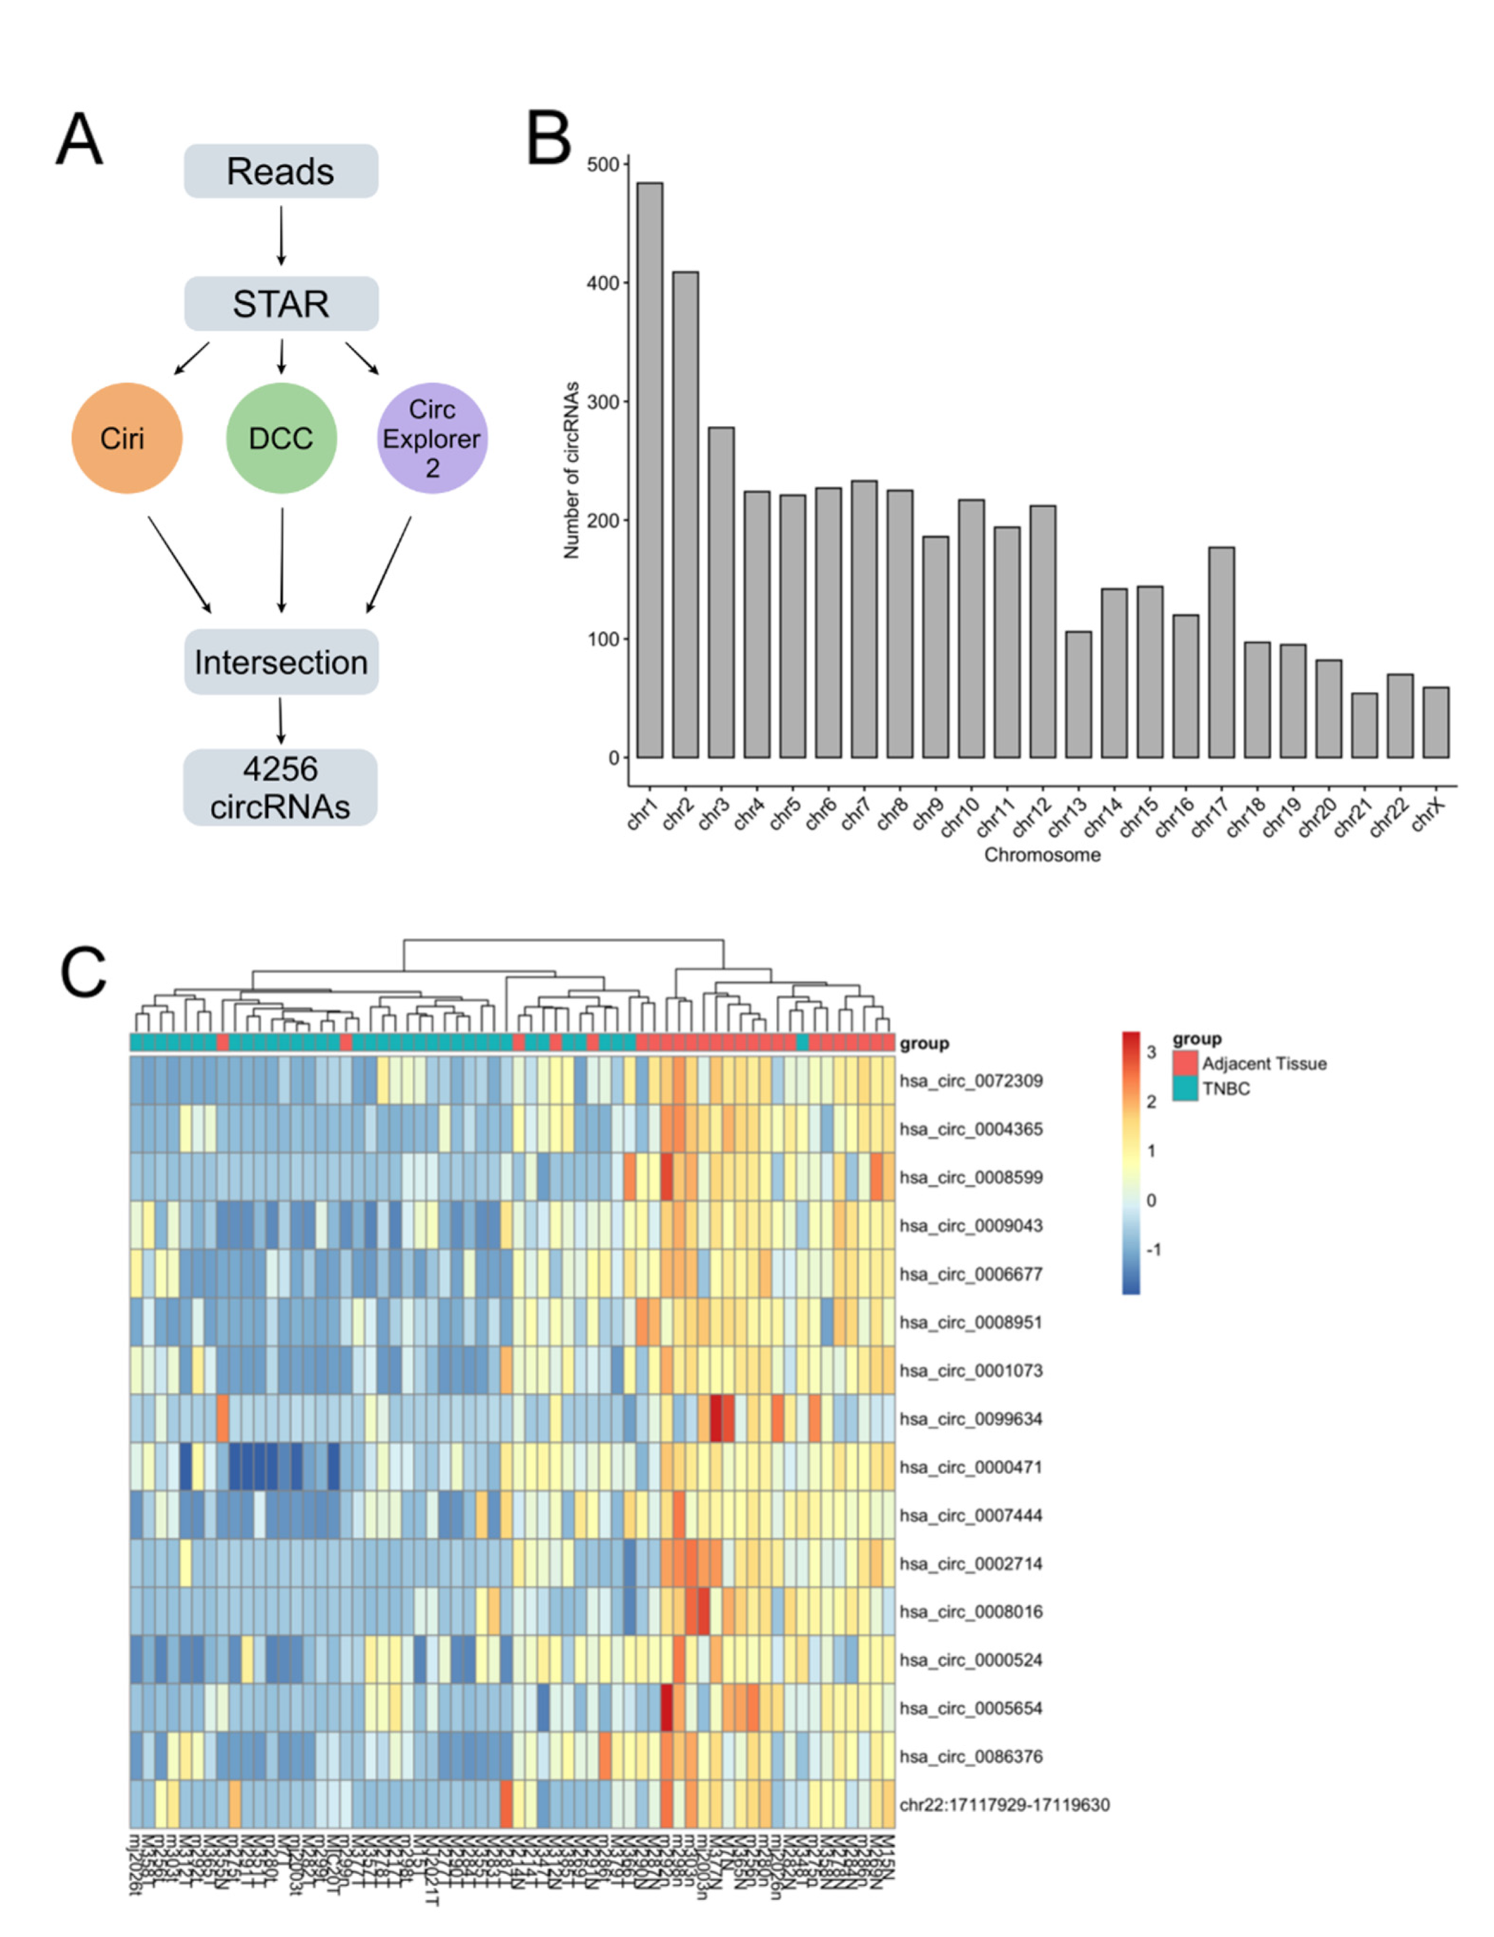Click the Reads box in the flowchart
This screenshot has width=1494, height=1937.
pyautogui.click(x=280, y=172)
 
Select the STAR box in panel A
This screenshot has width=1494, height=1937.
pyautogui.click(x=280, y=304)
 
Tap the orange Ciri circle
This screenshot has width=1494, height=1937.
pyautogui.click(x=127, y=438)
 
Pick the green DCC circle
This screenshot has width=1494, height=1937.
pyautogui.click(x=281, y=438)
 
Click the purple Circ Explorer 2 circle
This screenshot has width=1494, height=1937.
pyautogui.click(x=432, y=438)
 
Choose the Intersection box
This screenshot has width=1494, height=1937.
pyautogui.click(x=280, y=662)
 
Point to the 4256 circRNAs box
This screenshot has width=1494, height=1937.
pyautogui.click(x=280, y=787)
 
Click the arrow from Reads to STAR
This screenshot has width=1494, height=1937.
pyautogui.click(x=281, y=236)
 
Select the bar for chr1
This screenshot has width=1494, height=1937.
pyautogui.click(x=649, y=470)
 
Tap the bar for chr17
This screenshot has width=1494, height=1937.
pyautogui.click(x=1221, y=652)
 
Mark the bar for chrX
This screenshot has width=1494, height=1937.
pyautogui.click(x=1435, y=722)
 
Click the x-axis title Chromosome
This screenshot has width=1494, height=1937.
pyautogui.click(x=1043, y=855)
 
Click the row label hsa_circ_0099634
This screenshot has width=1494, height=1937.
pyautogui.click(x=971, y=1419)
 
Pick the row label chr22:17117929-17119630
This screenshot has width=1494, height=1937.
pyautogui.click(x=1004, y=1805)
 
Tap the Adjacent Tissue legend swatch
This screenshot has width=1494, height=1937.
pyautogui.click(x=1185, y=1063)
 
